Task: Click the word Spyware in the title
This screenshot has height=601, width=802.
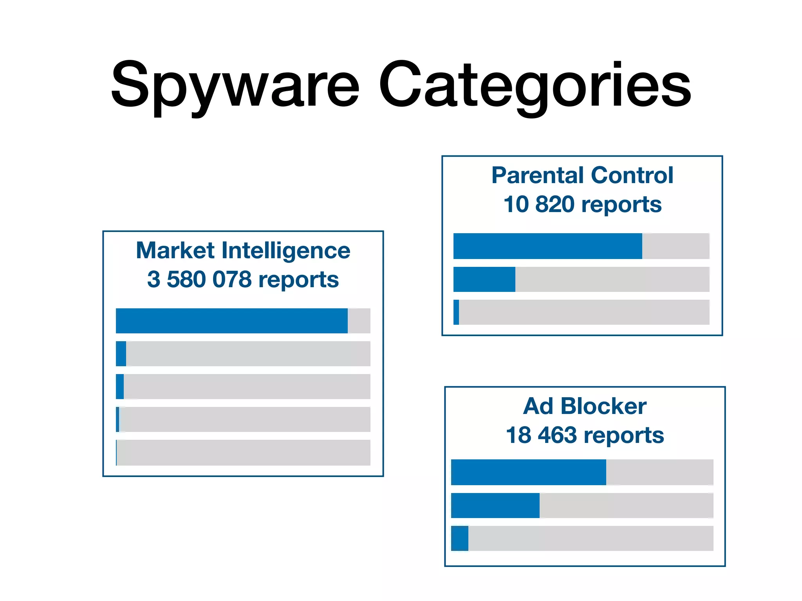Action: click(235, 85)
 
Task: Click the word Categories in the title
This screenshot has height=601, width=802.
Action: click(535, 85)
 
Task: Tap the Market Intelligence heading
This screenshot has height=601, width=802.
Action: click(243, 250)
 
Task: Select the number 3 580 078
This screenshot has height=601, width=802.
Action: click(199, 279)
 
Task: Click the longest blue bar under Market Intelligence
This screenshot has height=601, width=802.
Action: click(231, 321)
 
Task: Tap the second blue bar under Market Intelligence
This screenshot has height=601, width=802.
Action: click(121, 354)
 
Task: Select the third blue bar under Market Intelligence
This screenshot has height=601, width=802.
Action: click(120, 387)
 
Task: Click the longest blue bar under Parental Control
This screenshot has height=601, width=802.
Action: click(547, 246)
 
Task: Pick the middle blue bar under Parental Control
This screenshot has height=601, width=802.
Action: click(484, 279)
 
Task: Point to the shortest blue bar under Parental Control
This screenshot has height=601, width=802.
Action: click(456, 312)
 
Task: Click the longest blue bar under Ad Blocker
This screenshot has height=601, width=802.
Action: click(528, 472)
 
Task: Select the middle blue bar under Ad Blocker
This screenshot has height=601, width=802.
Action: click(495, 506)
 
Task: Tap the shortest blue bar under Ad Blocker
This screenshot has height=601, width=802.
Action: click(460, 538)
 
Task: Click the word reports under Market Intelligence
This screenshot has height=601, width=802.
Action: click(299, 279)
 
